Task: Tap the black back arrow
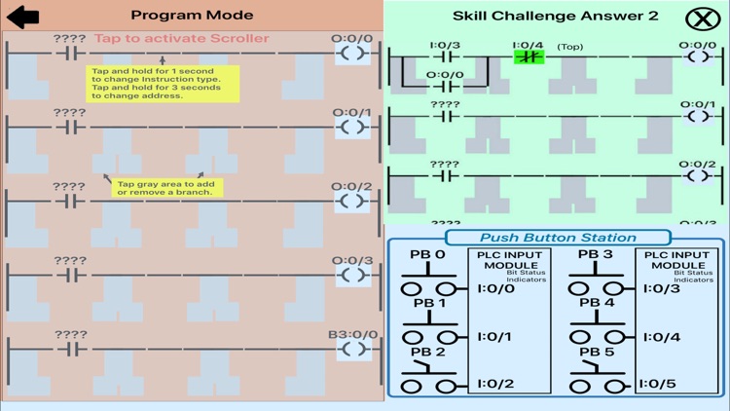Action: pyautogui.click(x=22, y=16)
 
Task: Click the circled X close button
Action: pyautogui.click(x=698, y=19)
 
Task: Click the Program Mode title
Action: pyautogui.click(x=192, y=15)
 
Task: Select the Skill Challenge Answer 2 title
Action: pyautogui.click(x=555, y=16)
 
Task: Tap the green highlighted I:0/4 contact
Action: pyautogui.click(x=529, y=56)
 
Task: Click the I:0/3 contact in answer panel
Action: pyautogui.click(x=445, y=56)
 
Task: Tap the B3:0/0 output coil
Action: pyautogui.click(x=353, y=349)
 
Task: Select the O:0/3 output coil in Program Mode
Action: pyautogui.click(x=353, y=275)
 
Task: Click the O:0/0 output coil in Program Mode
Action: pyautogui.click(x=353, y=53)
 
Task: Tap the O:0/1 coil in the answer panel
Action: pyautogui.click(x=697, y=117)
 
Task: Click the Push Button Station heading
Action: pyautogui.click(x=558, y=238)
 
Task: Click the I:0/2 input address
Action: pyautogui.click(x=494, y=384)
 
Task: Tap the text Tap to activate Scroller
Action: pyautogui.click(x=181, y=39)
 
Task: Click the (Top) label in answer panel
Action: pyautogui.click(x=570, y=46)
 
